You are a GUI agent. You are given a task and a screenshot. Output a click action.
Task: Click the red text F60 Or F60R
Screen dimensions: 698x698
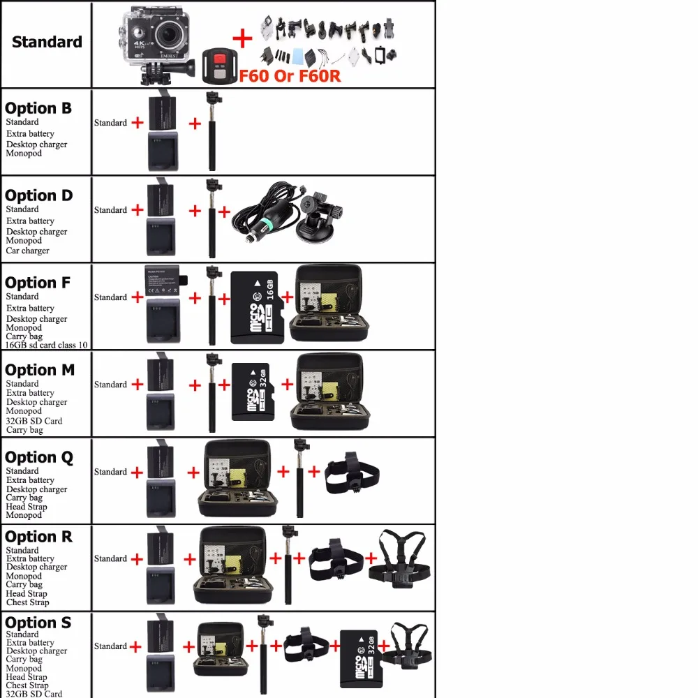click(290, 75)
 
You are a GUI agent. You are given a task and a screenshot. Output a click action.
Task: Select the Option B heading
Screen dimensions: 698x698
click(38, 108)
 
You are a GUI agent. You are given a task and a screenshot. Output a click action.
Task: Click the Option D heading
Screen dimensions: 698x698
click(39, 195)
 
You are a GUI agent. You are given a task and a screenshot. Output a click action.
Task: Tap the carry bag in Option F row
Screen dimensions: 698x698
click(327, 305)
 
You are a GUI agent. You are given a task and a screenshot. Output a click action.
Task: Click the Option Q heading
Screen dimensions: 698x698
click(39, 457)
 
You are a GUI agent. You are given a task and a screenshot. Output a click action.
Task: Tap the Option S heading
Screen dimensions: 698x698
click(38, 622)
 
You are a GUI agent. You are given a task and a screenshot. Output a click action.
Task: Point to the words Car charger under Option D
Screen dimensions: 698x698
click(28, 251)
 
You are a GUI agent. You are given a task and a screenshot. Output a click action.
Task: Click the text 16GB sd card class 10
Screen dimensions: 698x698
click(47, 345)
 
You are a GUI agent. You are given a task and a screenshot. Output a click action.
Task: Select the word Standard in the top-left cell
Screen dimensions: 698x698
click(47, 42)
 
